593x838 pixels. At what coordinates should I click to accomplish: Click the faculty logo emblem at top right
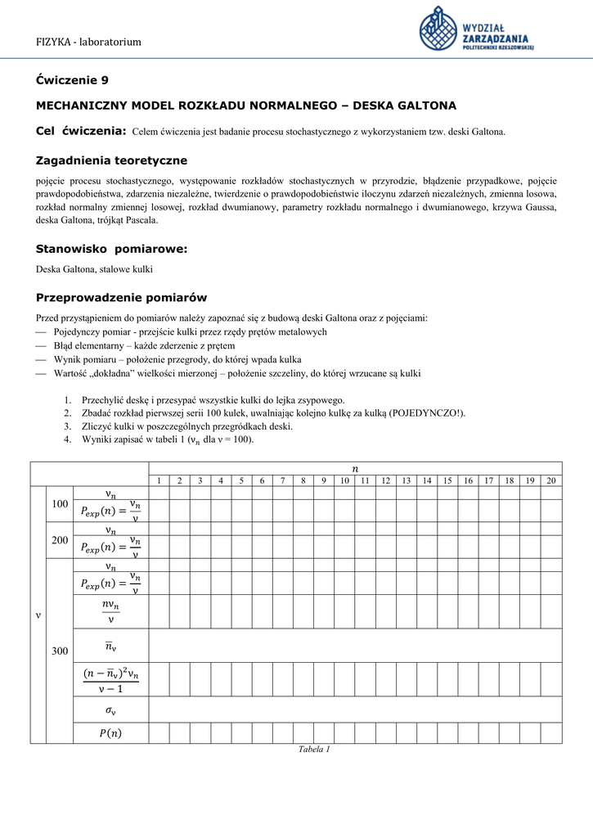click(438, 29)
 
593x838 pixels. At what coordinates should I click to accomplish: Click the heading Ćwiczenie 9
click(72, 80)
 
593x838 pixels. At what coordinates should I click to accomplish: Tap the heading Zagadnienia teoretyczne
click(111, 160)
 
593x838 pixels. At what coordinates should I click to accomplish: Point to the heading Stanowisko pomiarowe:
click(111, 249)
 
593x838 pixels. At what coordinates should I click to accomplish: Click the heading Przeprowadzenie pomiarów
click(121, 298)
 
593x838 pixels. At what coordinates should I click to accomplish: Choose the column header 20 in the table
click(551, 480)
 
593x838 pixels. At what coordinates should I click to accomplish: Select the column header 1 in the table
click(159, 480)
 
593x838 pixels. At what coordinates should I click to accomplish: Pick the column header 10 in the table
click(344, 480)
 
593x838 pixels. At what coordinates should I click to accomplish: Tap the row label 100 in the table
click(60, 504)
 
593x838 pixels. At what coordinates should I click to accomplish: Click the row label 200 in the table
click(60, 540)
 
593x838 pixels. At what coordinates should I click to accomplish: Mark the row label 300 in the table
click(60, 651)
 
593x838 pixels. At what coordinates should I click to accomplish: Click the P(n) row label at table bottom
click(110, 732)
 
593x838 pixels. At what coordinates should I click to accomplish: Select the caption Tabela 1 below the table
click(314, 750)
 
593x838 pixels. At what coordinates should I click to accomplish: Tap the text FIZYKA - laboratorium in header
click(88, 42)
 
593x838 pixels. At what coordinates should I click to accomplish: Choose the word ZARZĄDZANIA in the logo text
click(496, 38)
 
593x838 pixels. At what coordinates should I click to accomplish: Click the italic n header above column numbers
click(354, 468)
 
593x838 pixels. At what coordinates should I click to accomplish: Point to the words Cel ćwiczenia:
click(81, 131)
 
